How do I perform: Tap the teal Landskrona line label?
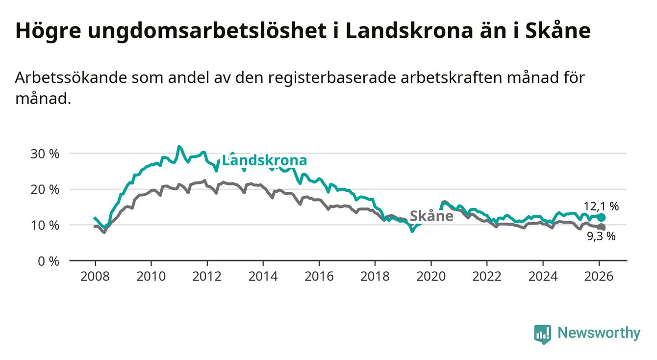[264, 160]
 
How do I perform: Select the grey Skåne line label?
[431, 216]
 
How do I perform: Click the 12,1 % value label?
[601, 206]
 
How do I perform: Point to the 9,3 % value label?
[601, 236]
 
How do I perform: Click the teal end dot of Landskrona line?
[602, 217]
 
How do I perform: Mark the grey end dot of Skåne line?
[602, 227]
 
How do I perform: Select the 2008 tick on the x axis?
[95, 276]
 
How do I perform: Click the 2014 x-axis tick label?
[263, 276]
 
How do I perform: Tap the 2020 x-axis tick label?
[431, 276]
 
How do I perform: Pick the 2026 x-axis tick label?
[599, 276]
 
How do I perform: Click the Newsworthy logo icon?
[542, 334]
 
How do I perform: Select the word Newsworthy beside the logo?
[599, 334]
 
